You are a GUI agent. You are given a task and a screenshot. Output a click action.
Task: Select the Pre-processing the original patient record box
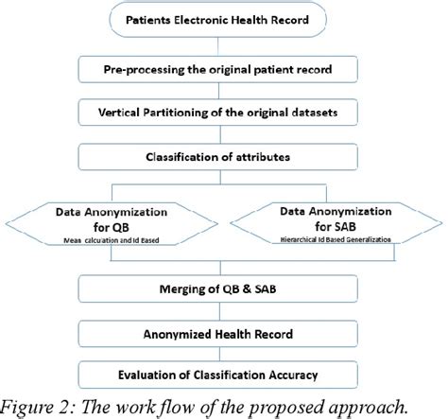[x=222, y=70]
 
